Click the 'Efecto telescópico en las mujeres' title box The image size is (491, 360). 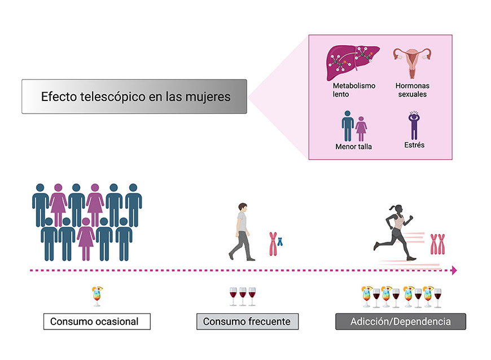click(x=134, y=96)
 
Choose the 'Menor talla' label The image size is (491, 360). click(x=354, y=147)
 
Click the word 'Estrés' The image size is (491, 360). click(x=414, y=145)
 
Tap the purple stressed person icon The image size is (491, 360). click(x=414, y=125)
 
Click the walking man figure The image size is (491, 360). click(x=242, y=231)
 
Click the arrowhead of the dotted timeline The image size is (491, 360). click(x=453, y=271)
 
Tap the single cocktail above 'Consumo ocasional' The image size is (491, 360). click(x=97, y=296)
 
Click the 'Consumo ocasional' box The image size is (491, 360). click(x=97, y=322)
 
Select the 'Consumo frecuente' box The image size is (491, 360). click(x=247, y=322)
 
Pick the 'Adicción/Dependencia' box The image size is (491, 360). click(x=401, y=322)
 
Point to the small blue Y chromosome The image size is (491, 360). click(x=279, y=242)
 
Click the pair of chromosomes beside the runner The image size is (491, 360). click(x=437, y=244)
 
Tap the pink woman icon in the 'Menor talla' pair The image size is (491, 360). click(x=361, y=128)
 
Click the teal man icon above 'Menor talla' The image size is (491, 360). click(x=347, y=125)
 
